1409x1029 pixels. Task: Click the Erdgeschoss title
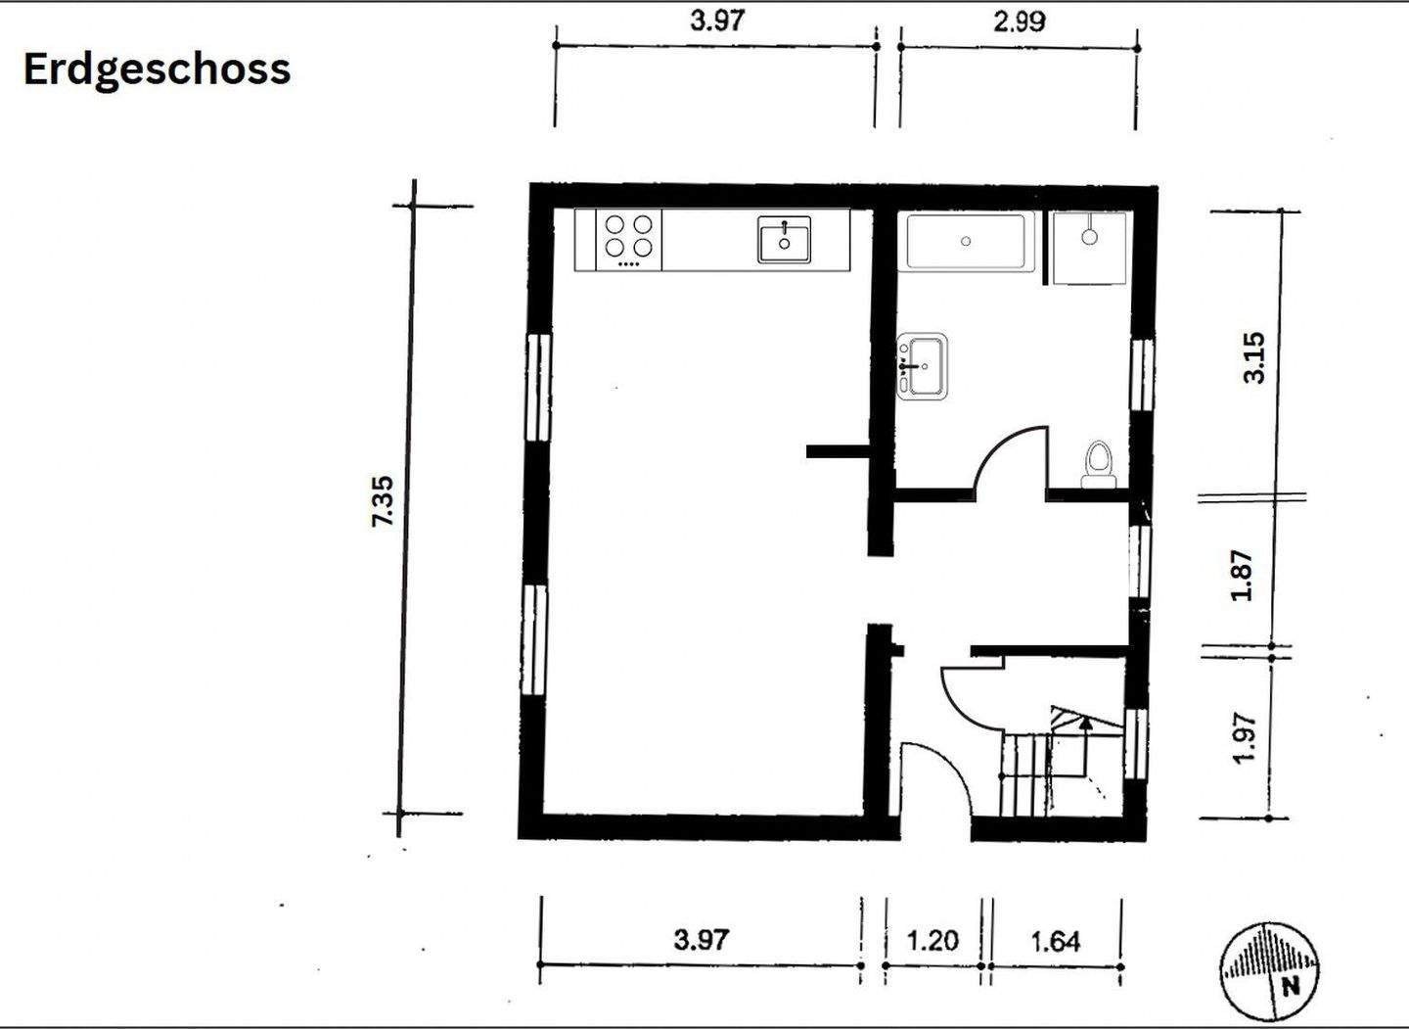tap(157, 70)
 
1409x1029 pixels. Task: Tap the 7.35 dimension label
tap(383, 501)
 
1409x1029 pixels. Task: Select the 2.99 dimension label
tap(1020, 22)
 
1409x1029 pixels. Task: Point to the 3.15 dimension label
tap(1253, 357)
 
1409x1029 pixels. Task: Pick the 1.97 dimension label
tap(1245, 737)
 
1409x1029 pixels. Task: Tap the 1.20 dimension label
tap(932, 941)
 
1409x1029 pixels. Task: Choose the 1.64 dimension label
tap(1056, 942)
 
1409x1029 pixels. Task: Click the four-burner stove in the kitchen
tap(628, 240)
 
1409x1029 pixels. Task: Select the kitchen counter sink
tap(784, 239)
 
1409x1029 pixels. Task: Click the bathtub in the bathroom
tap(966, 242)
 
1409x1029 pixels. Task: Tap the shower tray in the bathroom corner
tap(1090, 248)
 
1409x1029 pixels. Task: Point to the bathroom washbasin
tap(922, 367)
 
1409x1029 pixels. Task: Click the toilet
tap(1099, 465)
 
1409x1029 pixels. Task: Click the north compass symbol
tap(1270, 972)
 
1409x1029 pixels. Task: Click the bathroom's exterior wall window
tap(1143, 375)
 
